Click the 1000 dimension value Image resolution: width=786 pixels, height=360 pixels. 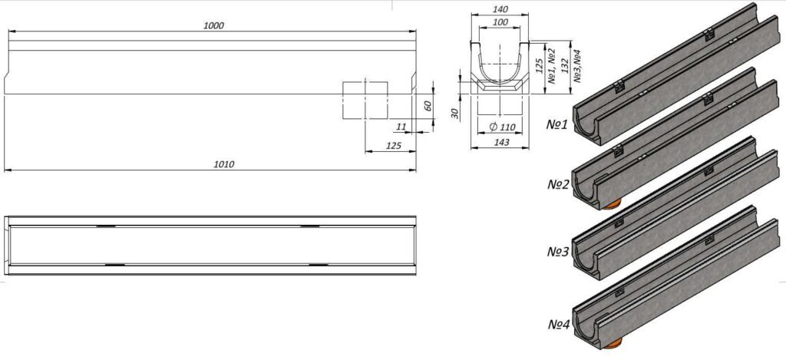point(213,25)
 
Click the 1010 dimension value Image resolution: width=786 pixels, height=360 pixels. point(224,164)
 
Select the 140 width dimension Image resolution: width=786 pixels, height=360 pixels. point(500,9)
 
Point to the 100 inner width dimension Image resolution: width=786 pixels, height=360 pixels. point(500,22)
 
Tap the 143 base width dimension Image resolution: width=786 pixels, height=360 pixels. point(501,143)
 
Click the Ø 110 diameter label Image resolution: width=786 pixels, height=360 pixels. point(502,127)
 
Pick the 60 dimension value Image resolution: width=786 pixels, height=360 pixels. point(428,106)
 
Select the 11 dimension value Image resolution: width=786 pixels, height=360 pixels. point(401,127)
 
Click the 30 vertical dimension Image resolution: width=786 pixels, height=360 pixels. point(455,114)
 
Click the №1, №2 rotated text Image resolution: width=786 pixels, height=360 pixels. point(551,66)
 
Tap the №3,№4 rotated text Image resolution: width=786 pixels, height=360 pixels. point(577,66)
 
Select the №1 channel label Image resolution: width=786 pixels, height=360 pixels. point(557,124)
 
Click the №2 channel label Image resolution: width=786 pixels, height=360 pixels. point(559,185)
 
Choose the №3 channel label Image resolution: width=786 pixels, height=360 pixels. point(559,252)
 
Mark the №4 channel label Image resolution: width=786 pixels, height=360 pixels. point(559,325)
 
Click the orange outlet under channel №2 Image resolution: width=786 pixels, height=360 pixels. point(612,204)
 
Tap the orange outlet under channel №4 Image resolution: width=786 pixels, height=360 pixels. point(613,343)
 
